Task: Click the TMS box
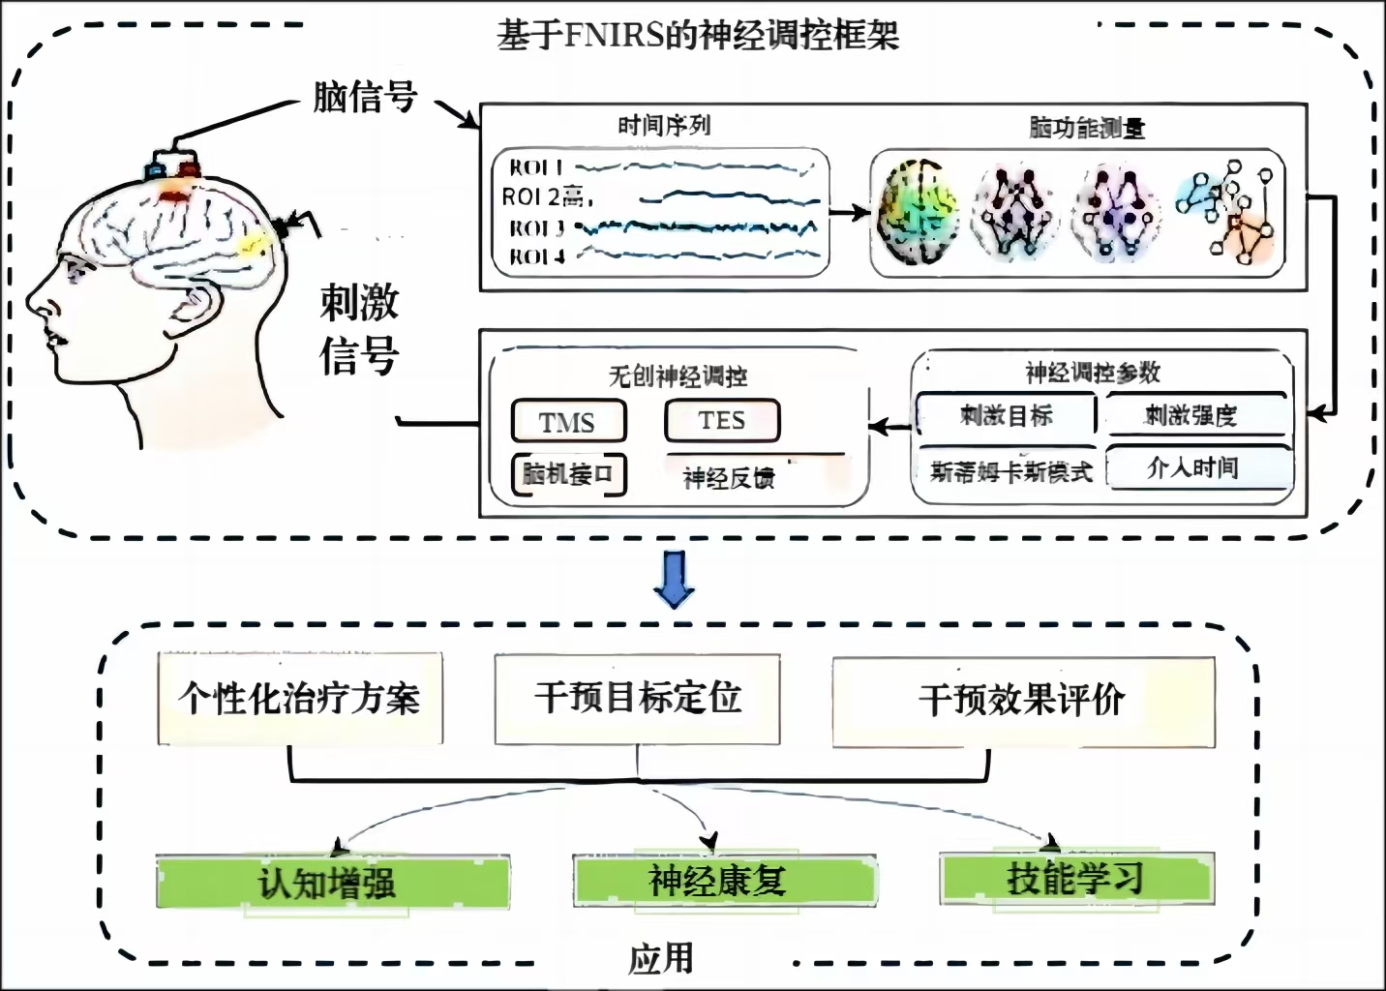pyautogui.click(x=568, y=422)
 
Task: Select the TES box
pyautogui.click(x=722, y=420)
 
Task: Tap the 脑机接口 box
pyautogui.click(x=568, y=474)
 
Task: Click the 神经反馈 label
pyautogui.click(x=729, y=477)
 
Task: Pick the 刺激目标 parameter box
pyautogui.click(x=1006, y=416)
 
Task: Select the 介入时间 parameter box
pyautogui.click(x=1197, y=468)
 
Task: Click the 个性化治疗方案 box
pyautogui.click(x=300, y=698)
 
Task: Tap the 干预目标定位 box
pyautogui.click(x=637, y=698)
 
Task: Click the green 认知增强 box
pyautogui.click(x=332, y=882)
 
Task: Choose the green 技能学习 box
pyautogui.click(x=1076, y=878)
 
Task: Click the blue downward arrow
pyautogui.click(x=674, y=579)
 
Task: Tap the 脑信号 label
pyautogui.click(x=365, y=97)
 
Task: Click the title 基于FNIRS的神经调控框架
pyautogui.click(x=698, y=36)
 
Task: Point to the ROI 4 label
pyautogui.click(x=536, y=256)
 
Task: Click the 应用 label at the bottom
pyautogui.click(x=661, y=958)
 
